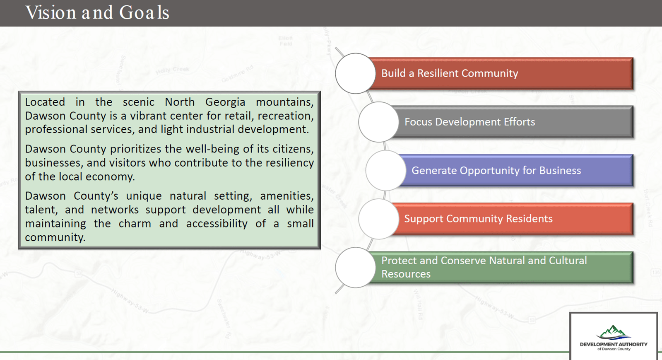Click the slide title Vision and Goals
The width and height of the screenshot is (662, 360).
pos(97,12)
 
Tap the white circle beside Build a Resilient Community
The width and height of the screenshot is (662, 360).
pos(355,73)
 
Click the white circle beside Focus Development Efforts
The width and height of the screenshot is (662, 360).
pos(378,122)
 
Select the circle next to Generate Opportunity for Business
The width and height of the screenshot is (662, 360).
pos(385,170)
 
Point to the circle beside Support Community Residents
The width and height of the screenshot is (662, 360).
pos(378,219)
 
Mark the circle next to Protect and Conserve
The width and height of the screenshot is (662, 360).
pos(355,267)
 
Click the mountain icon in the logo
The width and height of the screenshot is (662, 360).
pos(613,332)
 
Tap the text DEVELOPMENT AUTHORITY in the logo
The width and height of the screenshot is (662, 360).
pos(613,344)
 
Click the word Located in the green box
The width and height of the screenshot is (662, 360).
pos(45,102)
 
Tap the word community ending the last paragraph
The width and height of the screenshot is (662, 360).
pos(55,237)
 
